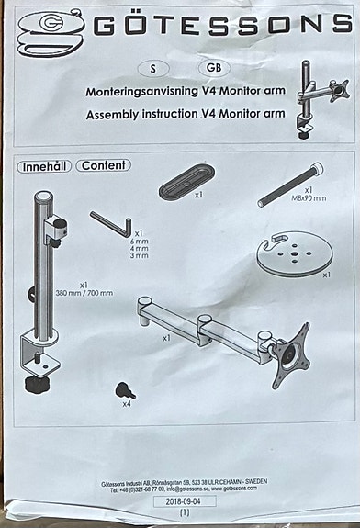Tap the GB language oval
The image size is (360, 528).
pos(212,69)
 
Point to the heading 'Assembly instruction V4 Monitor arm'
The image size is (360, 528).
pos(187,116)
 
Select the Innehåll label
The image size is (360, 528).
pos(43,166)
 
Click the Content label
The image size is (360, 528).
pos(103,166)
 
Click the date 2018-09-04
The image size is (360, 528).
pos(185,502)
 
